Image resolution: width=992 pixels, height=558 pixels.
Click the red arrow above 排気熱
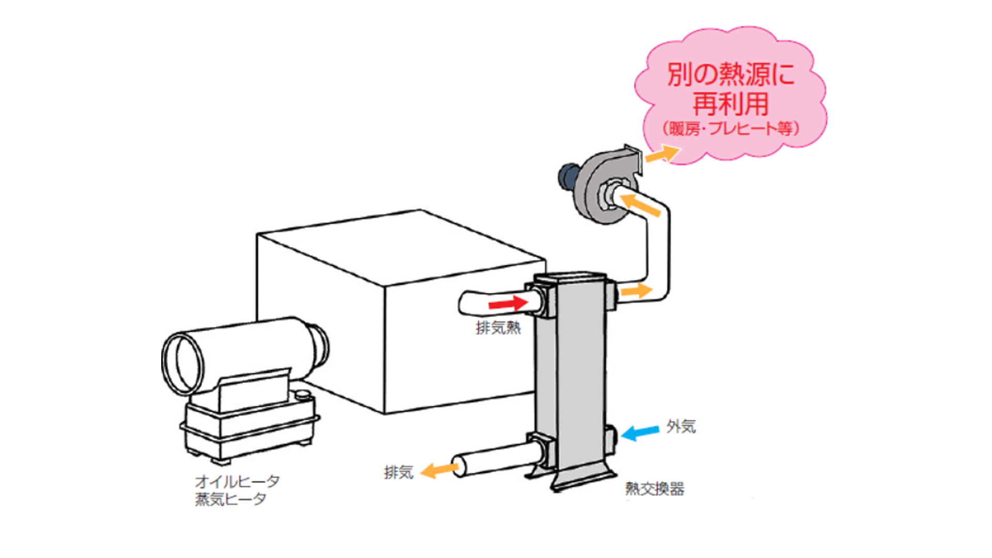click(508, 303)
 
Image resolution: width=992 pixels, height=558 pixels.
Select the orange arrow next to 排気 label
click(439, 470)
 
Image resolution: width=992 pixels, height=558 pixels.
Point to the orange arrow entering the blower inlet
click(640, 205)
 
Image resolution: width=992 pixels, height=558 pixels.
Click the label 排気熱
click(498, 328)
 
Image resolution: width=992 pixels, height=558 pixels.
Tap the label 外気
click(680, 427)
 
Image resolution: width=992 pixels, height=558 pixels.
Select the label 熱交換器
click(655, 489)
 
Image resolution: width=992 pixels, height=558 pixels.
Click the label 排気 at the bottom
click(398, 472)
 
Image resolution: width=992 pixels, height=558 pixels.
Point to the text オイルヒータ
click(237, 482)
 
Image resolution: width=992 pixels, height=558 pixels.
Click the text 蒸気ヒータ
click(230, 500)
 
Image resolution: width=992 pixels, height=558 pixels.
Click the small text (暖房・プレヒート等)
click(731, 129)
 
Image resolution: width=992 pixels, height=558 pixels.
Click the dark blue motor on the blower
click(568, 176)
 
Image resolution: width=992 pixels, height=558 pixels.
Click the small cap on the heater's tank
click(303, 395)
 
